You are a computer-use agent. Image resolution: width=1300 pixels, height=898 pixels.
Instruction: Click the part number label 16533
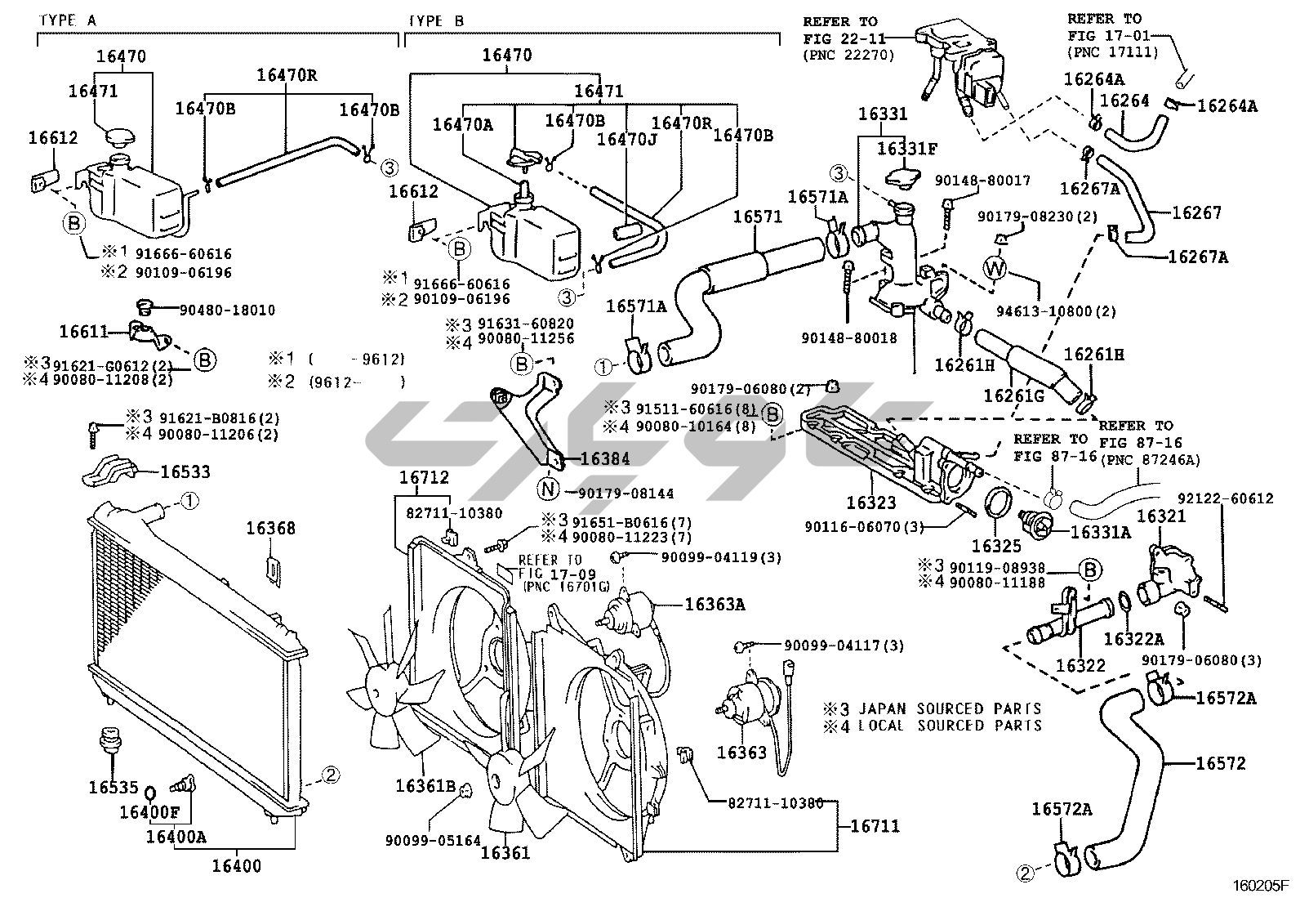(185, 471)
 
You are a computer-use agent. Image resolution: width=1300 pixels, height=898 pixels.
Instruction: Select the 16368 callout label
(270, 529)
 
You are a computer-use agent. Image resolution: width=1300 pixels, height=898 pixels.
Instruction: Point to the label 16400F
(149, 811)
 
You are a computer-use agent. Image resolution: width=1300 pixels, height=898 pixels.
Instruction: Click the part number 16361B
(425, 786)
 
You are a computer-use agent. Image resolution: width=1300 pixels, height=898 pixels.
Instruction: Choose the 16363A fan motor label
(715, 604)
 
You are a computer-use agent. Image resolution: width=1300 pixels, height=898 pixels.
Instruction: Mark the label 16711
(875, 826)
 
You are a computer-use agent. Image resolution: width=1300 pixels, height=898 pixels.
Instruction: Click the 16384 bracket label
(605, 459)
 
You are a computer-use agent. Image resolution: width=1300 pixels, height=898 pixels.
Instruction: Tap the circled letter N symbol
(548, 490)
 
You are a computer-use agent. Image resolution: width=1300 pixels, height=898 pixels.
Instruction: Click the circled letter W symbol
(995, 267)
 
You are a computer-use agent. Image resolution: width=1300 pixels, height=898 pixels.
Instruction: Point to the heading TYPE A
(68, 20)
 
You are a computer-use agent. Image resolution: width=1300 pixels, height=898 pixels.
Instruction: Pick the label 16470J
(626, 138)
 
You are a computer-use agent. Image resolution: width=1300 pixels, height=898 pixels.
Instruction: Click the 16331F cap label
(907, 148)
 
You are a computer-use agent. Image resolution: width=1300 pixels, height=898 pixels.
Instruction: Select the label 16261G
(1013, 396)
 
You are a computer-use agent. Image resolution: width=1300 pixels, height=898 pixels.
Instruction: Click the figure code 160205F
(1260, 885)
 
